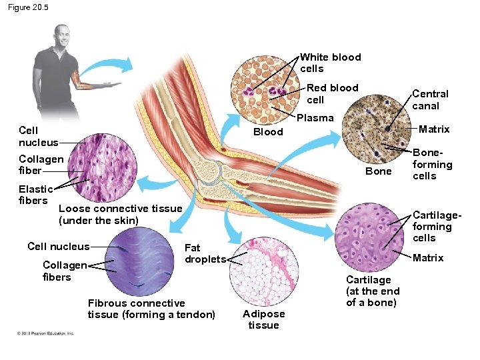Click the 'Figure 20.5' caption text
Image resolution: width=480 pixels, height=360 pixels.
coord(28,7)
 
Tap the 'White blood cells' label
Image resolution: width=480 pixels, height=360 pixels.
coord(330,63)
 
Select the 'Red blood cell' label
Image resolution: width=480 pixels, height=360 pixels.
coord(332,93)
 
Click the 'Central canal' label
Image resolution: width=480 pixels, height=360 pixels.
coord(430,99)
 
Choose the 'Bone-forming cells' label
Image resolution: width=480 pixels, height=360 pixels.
coord(432,164)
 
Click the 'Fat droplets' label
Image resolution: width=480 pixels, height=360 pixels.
coord(205,253)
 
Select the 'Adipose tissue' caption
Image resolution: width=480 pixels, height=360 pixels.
coord(263,319)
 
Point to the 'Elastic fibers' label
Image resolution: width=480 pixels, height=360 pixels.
coord(33,195)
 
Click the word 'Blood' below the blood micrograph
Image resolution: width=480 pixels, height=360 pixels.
coord(268,132)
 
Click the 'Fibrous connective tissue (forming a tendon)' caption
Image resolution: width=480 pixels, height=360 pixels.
coord(151,309)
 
